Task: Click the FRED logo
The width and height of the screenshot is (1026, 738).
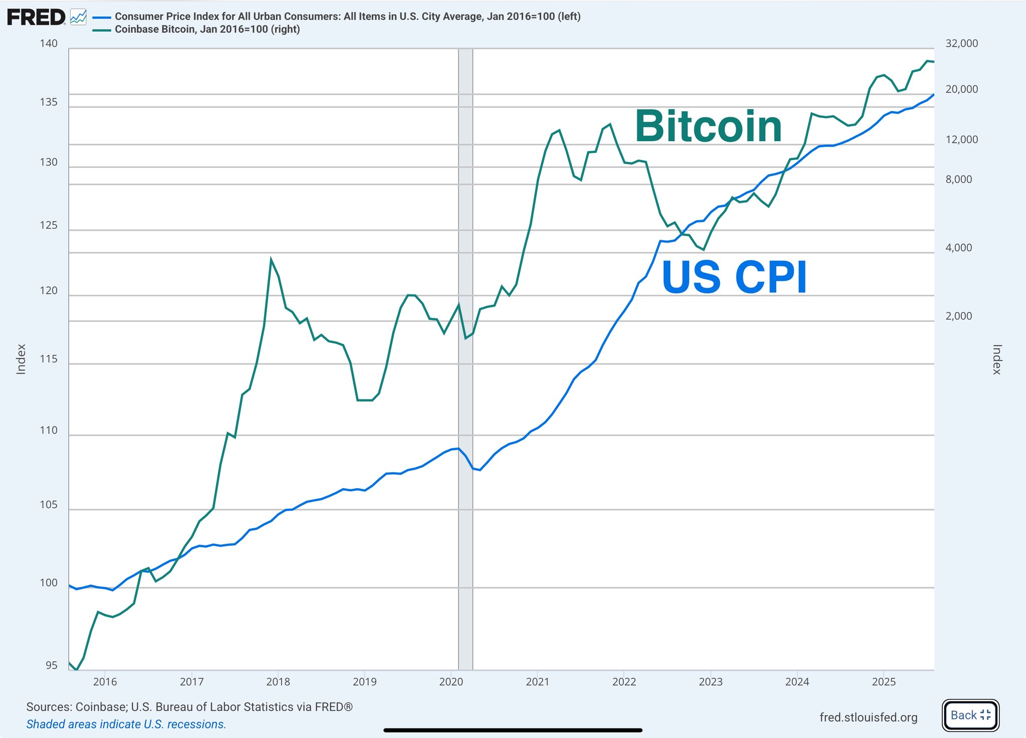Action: pyautogui.click(x=36, y=18)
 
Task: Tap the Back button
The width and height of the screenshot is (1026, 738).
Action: pyautogui.click(x=970, y=715)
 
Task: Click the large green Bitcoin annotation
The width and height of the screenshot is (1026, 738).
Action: pyautogui.click(x=708, y=127)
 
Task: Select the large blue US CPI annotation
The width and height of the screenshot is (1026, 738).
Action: pyautogui.click(x=734, y=277)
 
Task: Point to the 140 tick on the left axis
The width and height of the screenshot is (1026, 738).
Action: pyautogui.click(x=49, y=44)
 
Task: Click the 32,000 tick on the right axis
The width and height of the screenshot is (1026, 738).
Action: pyautogui.click(x=961, y=44)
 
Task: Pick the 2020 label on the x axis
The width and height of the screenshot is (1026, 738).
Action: pyautogui.click(x=451, y=681)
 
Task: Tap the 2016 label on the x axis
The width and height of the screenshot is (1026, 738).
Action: pyautogui.click(x=105, y=681)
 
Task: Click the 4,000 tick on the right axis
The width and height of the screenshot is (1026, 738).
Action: pyautogui.click(x=958, y=248)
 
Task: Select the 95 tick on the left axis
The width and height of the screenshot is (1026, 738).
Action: pyautogui.click(x=51, y=665)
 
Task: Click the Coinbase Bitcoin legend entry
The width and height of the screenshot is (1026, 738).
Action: pyautogui.click(x=207, y=30)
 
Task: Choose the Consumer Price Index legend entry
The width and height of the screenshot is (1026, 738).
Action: pyautogui.click(x=347, y=17)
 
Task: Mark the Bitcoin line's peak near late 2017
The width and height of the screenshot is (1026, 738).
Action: pyautogui.click(x=271, y=260)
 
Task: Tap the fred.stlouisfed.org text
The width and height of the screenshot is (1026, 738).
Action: pyautogui.click(x=868, y=717)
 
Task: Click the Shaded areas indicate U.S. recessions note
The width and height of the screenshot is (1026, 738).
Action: pyautogui.click(x=126, y=724)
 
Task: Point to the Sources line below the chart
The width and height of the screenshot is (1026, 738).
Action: pyautogui.click(x=189, y=707)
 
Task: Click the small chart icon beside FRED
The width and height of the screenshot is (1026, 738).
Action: pyautogui.click(x=78, y=18)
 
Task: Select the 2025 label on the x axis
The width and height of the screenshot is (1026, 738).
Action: pyautogui.click(x=884, y=681)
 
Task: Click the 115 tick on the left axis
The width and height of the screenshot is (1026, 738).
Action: pyautogui.click(x=49, y=359)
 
